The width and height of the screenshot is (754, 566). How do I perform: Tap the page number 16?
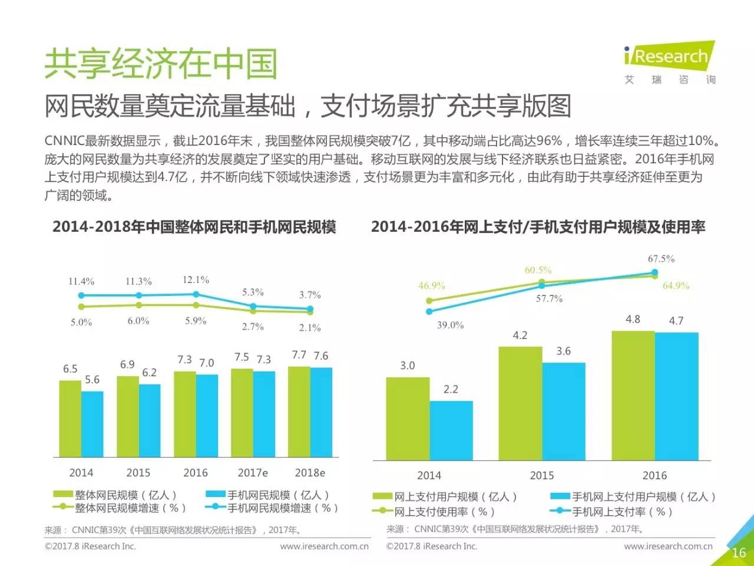coord(739,552)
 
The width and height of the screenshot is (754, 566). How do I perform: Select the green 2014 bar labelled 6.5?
coord(70,418)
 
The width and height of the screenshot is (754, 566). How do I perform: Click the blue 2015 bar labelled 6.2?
coord(150,420)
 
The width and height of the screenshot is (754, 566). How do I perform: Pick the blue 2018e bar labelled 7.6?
coord(321,412)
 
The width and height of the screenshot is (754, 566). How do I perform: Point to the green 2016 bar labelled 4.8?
coord(633,395)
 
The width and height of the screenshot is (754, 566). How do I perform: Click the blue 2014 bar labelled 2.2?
coord(451,430)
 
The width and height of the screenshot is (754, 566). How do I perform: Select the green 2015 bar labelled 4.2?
coord(520,403)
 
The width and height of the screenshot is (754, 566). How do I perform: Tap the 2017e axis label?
coord(253,473)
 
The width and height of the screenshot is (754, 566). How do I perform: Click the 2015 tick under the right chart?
coord(541,475)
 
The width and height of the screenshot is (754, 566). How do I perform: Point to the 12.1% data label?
coord(196,279)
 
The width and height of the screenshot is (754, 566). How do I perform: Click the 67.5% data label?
coord(661,259)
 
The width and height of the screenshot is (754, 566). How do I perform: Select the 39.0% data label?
coord(450,325)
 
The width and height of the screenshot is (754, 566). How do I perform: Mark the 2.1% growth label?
coord(310,328)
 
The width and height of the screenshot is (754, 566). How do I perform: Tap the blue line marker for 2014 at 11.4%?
coord(82,295)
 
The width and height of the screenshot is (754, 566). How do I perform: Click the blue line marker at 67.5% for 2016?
coord(654,273)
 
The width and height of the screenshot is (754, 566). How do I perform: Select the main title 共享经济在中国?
coord(161,64)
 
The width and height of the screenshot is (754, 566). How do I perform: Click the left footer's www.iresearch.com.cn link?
coord(324,546)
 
